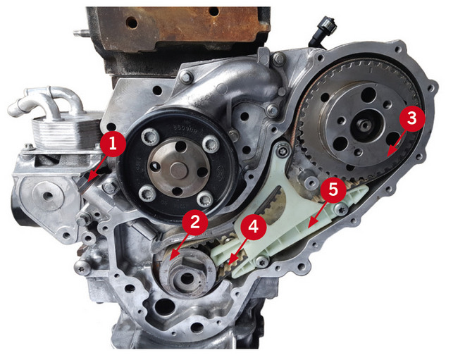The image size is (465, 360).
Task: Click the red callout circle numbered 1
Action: tap(113, 144)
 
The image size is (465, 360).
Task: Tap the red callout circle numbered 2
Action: tap(195, 222)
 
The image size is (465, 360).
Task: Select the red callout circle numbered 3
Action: tap(412, 118)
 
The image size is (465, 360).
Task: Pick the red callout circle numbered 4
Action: tap(253, 227)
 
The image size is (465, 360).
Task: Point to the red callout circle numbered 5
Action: tap(333, 190)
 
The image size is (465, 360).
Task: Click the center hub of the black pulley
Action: tap(178, 170)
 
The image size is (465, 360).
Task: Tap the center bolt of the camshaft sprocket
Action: tap(364, 125)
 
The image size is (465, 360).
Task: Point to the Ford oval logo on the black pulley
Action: tap(219, 171)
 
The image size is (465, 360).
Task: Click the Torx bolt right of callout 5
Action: tap(342, 210)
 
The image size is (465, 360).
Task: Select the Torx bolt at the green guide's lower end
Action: tap(263, 261)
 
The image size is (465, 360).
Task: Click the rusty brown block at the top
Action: tap(178, 27)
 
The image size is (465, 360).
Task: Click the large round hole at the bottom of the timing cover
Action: tap(163, 307)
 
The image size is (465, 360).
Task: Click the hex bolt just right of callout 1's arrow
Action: tap(110, 187)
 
